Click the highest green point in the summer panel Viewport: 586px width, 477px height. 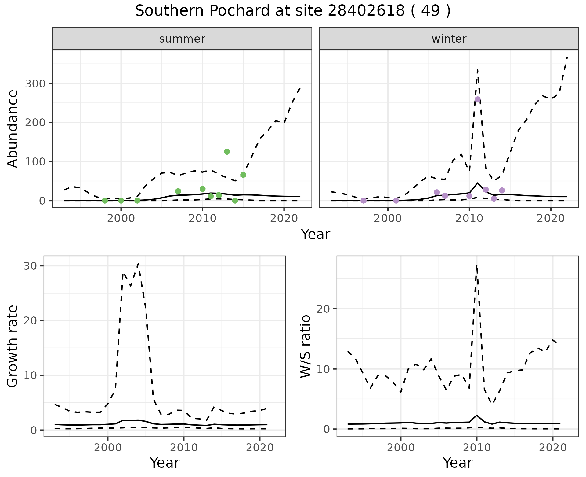click(227, 152)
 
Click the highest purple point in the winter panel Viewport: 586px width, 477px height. click(478, 99)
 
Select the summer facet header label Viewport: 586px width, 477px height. click(182, 39)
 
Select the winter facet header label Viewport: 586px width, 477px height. click(449, 39)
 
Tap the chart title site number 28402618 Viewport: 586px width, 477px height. click(366, 11)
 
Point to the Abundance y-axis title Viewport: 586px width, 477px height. click(13, 129)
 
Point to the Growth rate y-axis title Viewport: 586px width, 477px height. click(13, 346)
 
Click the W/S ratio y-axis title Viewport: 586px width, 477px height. click(306, 346)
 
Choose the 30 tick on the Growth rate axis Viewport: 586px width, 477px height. click(30, 266)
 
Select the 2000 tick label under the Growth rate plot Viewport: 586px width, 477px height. click(107, 448)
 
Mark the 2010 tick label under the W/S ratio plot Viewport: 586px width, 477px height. click(476, 448)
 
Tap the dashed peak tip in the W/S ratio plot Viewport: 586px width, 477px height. click(476, 266)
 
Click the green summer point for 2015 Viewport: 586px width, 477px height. click(243, 175)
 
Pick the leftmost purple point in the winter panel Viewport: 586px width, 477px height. click(364, 201)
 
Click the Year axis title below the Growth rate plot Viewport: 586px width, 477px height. click(165, 463)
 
